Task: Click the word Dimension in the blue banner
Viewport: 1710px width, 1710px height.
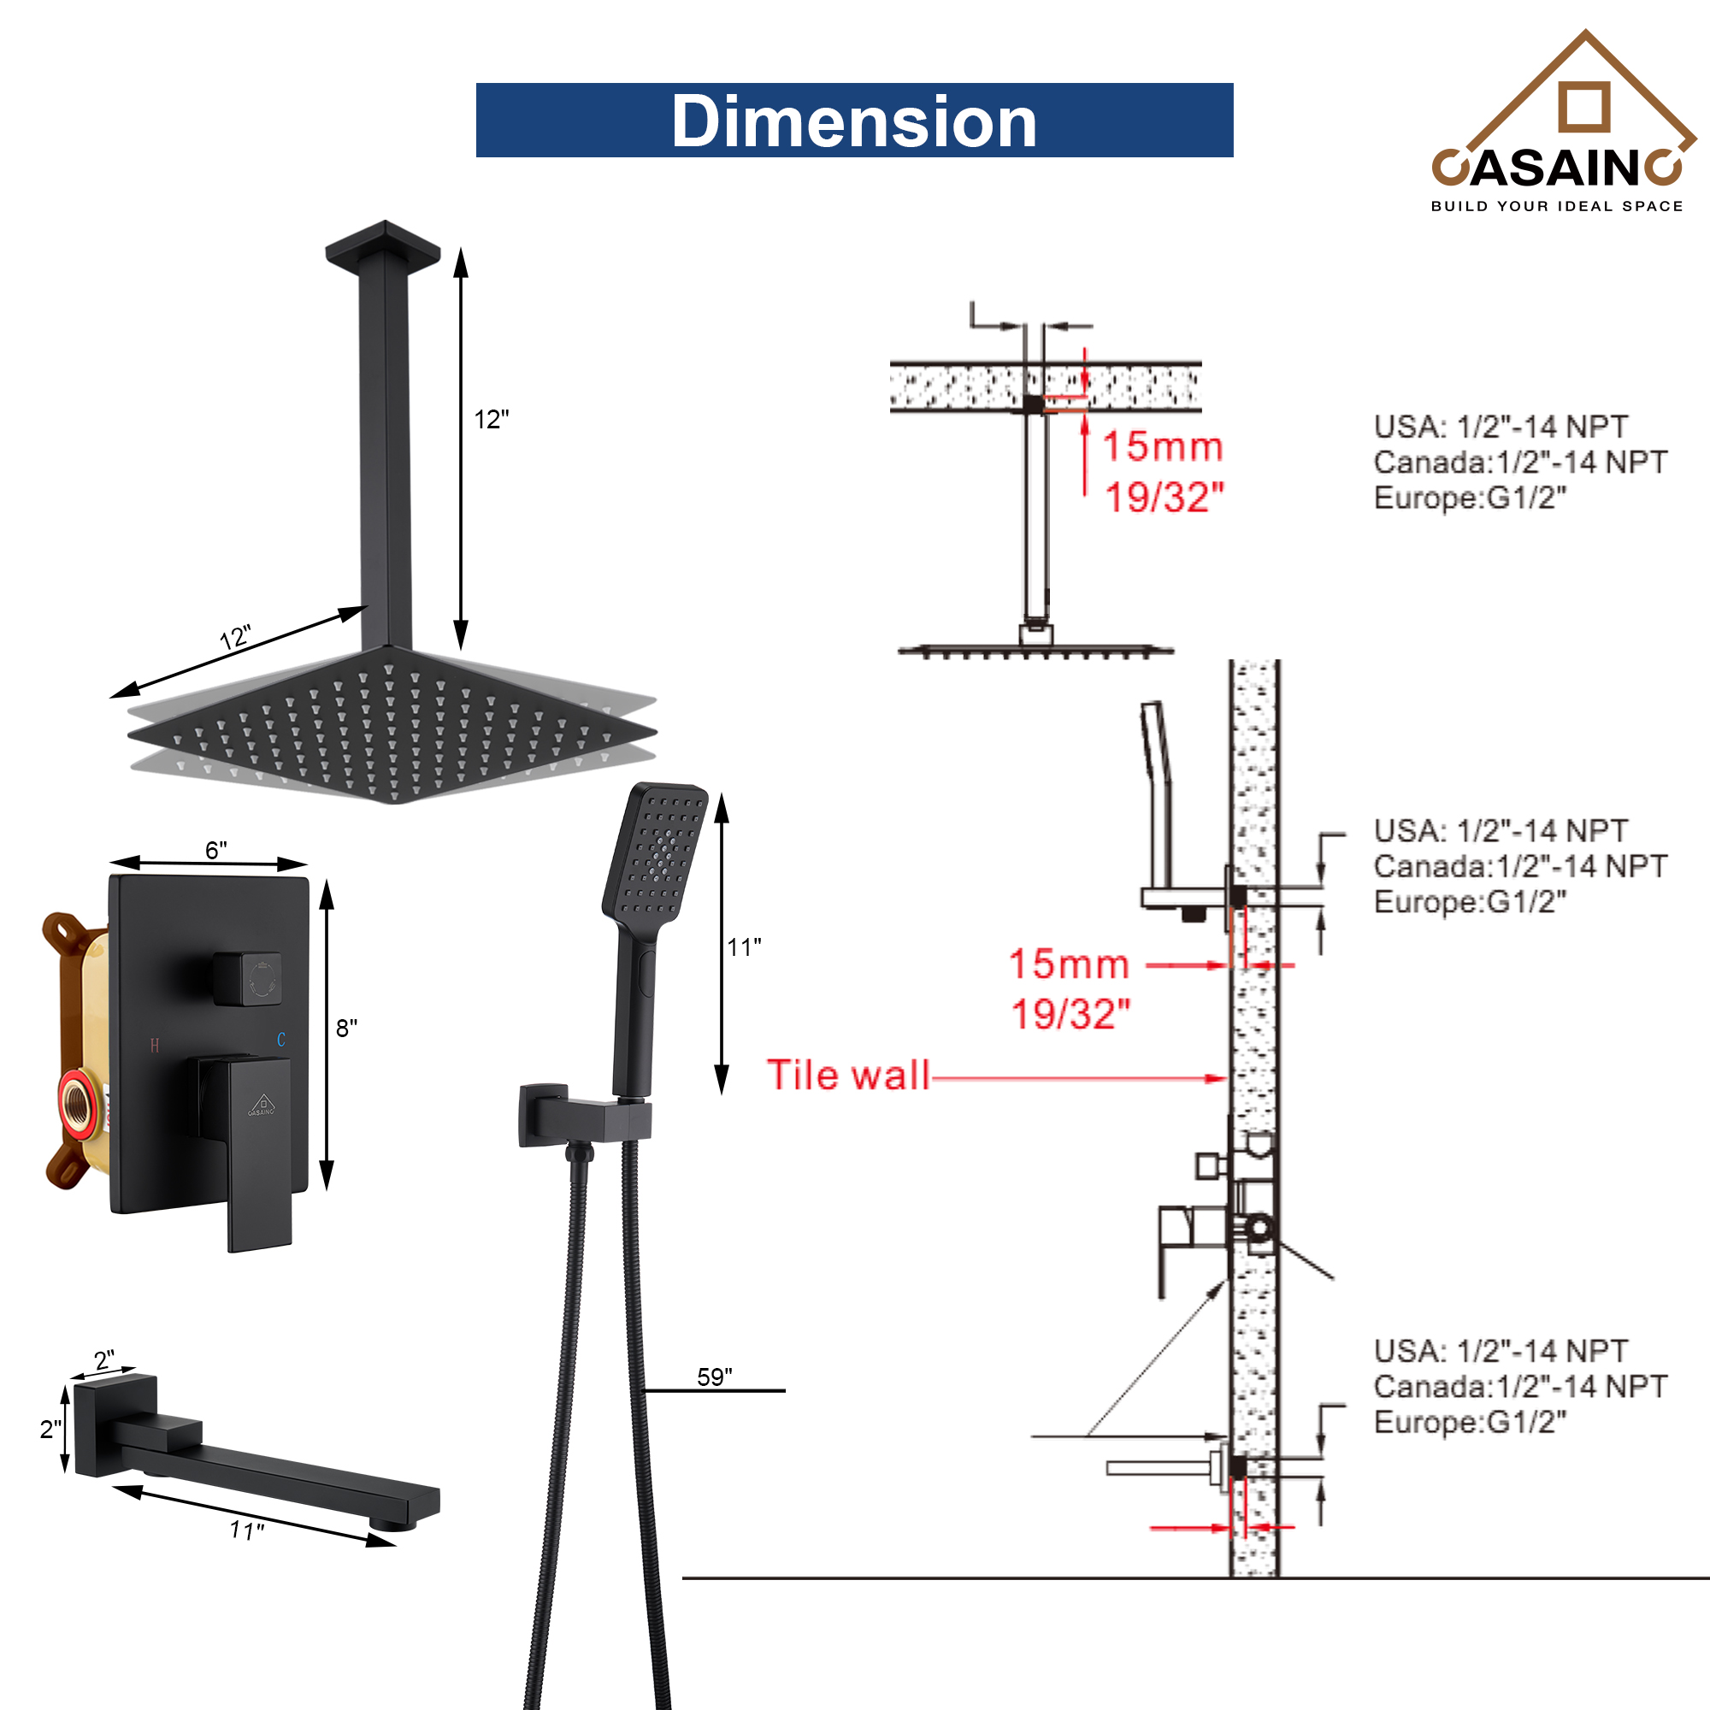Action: coord(853,121)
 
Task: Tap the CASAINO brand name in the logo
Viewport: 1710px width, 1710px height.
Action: coord(1557,168)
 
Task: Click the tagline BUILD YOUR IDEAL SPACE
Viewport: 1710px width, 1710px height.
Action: coord(1557,206)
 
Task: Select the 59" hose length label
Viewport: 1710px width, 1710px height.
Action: coord(714,1377)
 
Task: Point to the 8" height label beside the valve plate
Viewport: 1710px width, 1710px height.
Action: coord(346,1028)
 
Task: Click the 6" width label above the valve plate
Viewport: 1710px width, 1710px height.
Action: coord(216,850)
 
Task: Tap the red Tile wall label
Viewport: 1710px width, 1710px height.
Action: coord(847,1076)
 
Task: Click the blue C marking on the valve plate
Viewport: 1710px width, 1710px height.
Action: coord(280,1039)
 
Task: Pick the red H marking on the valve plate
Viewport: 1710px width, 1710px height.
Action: coord(154,1046)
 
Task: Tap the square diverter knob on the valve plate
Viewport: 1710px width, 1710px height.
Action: coord(249,979)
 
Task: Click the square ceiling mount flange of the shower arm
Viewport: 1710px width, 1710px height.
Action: coord(382,245)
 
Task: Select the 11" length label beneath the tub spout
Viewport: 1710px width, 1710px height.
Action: coord(247,1530)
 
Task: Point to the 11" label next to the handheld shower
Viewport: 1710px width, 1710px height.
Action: coord(744,947)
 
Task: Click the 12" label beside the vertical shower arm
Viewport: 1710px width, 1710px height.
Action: coord(492,420)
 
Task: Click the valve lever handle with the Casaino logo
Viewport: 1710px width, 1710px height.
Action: coord(257,1151)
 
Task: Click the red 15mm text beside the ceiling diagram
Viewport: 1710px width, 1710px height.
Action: coord(1162,447)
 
